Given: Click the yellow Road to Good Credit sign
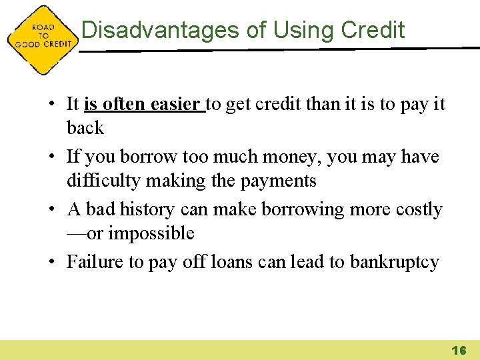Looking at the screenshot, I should click(x=41, y=39).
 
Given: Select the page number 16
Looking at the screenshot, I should click(x=459, y=350).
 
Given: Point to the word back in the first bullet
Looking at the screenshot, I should click(x=85, y=128).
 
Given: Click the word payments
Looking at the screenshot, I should click(x=281, y=181).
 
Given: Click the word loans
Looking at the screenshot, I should click(x=230, y=262).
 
